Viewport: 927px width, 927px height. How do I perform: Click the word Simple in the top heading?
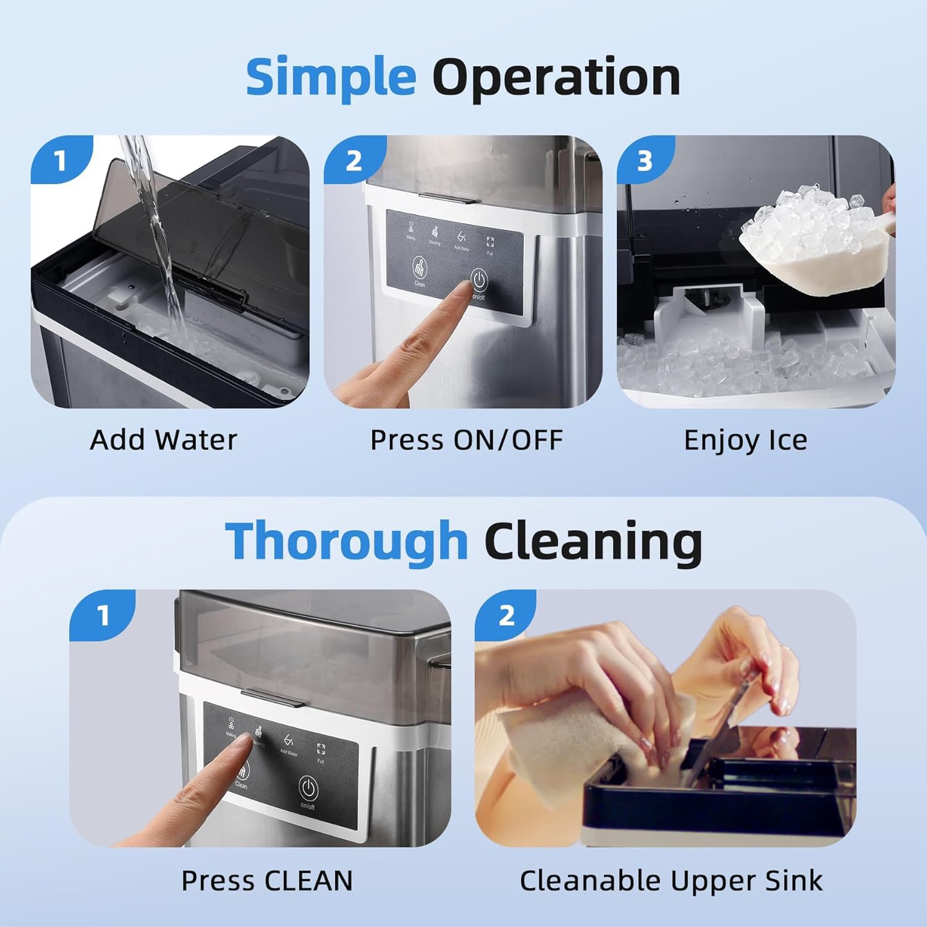point(331,77)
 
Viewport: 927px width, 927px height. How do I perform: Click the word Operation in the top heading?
point(556,77)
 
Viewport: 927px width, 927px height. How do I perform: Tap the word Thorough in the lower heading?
point(346,541)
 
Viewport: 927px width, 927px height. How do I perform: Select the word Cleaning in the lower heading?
point(593,541)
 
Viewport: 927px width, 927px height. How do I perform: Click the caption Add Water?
point(163,440)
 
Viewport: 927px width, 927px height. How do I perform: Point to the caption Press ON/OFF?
point(466,440)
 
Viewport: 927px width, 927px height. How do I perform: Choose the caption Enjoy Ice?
point(745,440)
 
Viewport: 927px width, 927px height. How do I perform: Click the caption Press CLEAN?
point(266,881)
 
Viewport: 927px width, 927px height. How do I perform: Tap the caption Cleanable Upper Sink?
point(671,881)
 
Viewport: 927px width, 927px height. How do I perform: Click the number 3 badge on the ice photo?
point(645,162)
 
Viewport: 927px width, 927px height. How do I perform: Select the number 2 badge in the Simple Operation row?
point(353,162)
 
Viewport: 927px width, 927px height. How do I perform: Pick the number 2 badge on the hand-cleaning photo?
point(506,616)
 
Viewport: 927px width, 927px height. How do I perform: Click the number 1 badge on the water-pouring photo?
point(60,162)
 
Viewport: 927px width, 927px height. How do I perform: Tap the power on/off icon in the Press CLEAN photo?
point(308,789)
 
